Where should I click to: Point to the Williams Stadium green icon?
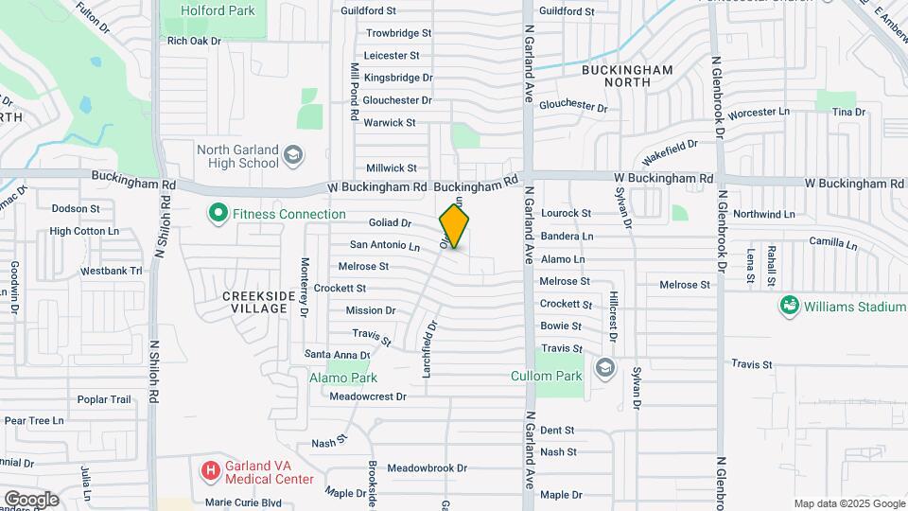788,306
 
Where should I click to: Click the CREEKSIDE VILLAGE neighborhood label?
255,303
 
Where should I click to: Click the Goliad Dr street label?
392,223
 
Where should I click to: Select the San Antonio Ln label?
385,245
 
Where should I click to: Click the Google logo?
31,500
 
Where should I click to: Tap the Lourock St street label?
566,214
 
